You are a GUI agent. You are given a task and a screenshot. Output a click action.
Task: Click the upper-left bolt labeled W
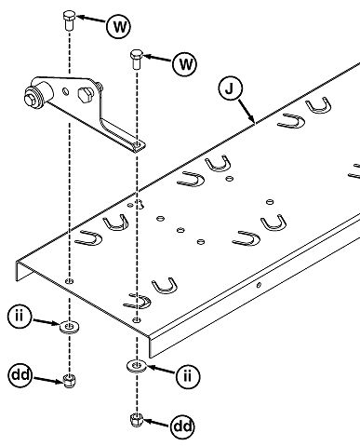[x=69, y=20]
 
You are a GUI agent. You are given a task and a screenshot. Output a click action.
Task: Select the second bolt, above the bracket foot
[x=136, y=59]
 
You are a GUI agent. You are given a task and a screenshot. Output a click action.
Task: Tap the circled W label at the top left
[x=118, y=26]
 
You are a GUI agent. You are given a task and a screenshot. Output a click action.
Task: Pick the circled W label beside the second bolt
[x=185, y=64]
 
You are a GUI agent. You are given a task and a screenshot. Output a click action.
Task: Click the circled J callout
[x=230, y=88]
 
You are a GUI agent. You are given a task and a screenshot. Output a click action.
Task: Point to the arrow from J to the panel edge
[x=247, y=112]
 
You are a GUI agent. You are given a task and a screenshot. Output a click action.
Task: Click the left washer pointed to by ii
[x=70, y=327]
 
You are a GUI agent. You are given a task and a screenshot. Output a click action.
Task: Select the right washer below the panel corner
[x=137, y=366]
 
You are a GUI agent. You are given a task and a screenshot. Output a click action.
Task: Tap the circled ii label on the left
[x=20, y=317]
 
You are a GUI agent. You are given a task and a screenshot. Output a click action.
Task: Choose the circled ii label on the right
[x=188, y=376]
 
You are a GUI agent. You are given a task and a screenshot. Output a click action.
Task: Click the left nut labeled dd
[x=70, y=380]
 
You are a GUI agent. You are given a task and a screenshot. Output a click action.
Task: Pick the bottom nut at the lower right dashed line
[x=136, y=420]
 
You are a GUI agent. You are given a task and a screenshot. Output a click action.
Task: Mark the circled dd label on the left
[x=20, y=375]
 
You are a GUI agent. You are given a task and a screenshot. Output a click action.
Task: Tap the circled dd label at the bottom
[x=182, y=426]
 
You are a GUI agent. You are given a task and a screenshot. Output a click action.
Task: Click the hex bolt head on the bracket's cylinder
[x=31, y=99]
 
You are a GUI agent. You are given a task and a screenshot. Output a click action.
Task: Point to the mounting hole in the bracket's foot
[x=137, y=144]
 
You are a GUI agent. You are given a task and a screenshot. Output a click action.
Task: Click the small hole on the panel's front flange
[x=259, y=285]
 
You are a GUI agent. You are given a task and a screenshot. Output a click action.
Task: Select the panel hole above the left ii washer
[x=70, y=281]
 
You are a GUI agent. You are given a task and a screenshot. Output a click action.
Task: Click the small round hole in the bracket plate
[x=66, y=91]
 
